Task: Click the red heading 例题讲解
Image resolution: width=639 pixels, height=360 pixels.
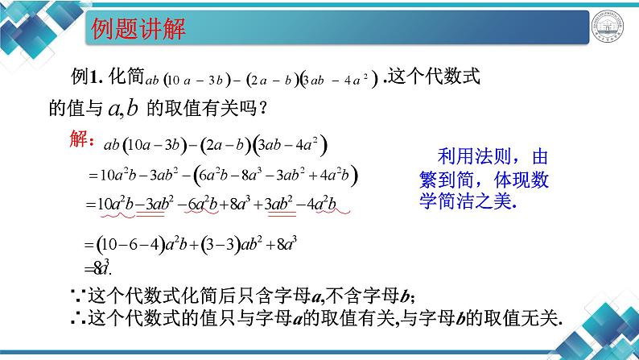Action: [135, 31]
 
